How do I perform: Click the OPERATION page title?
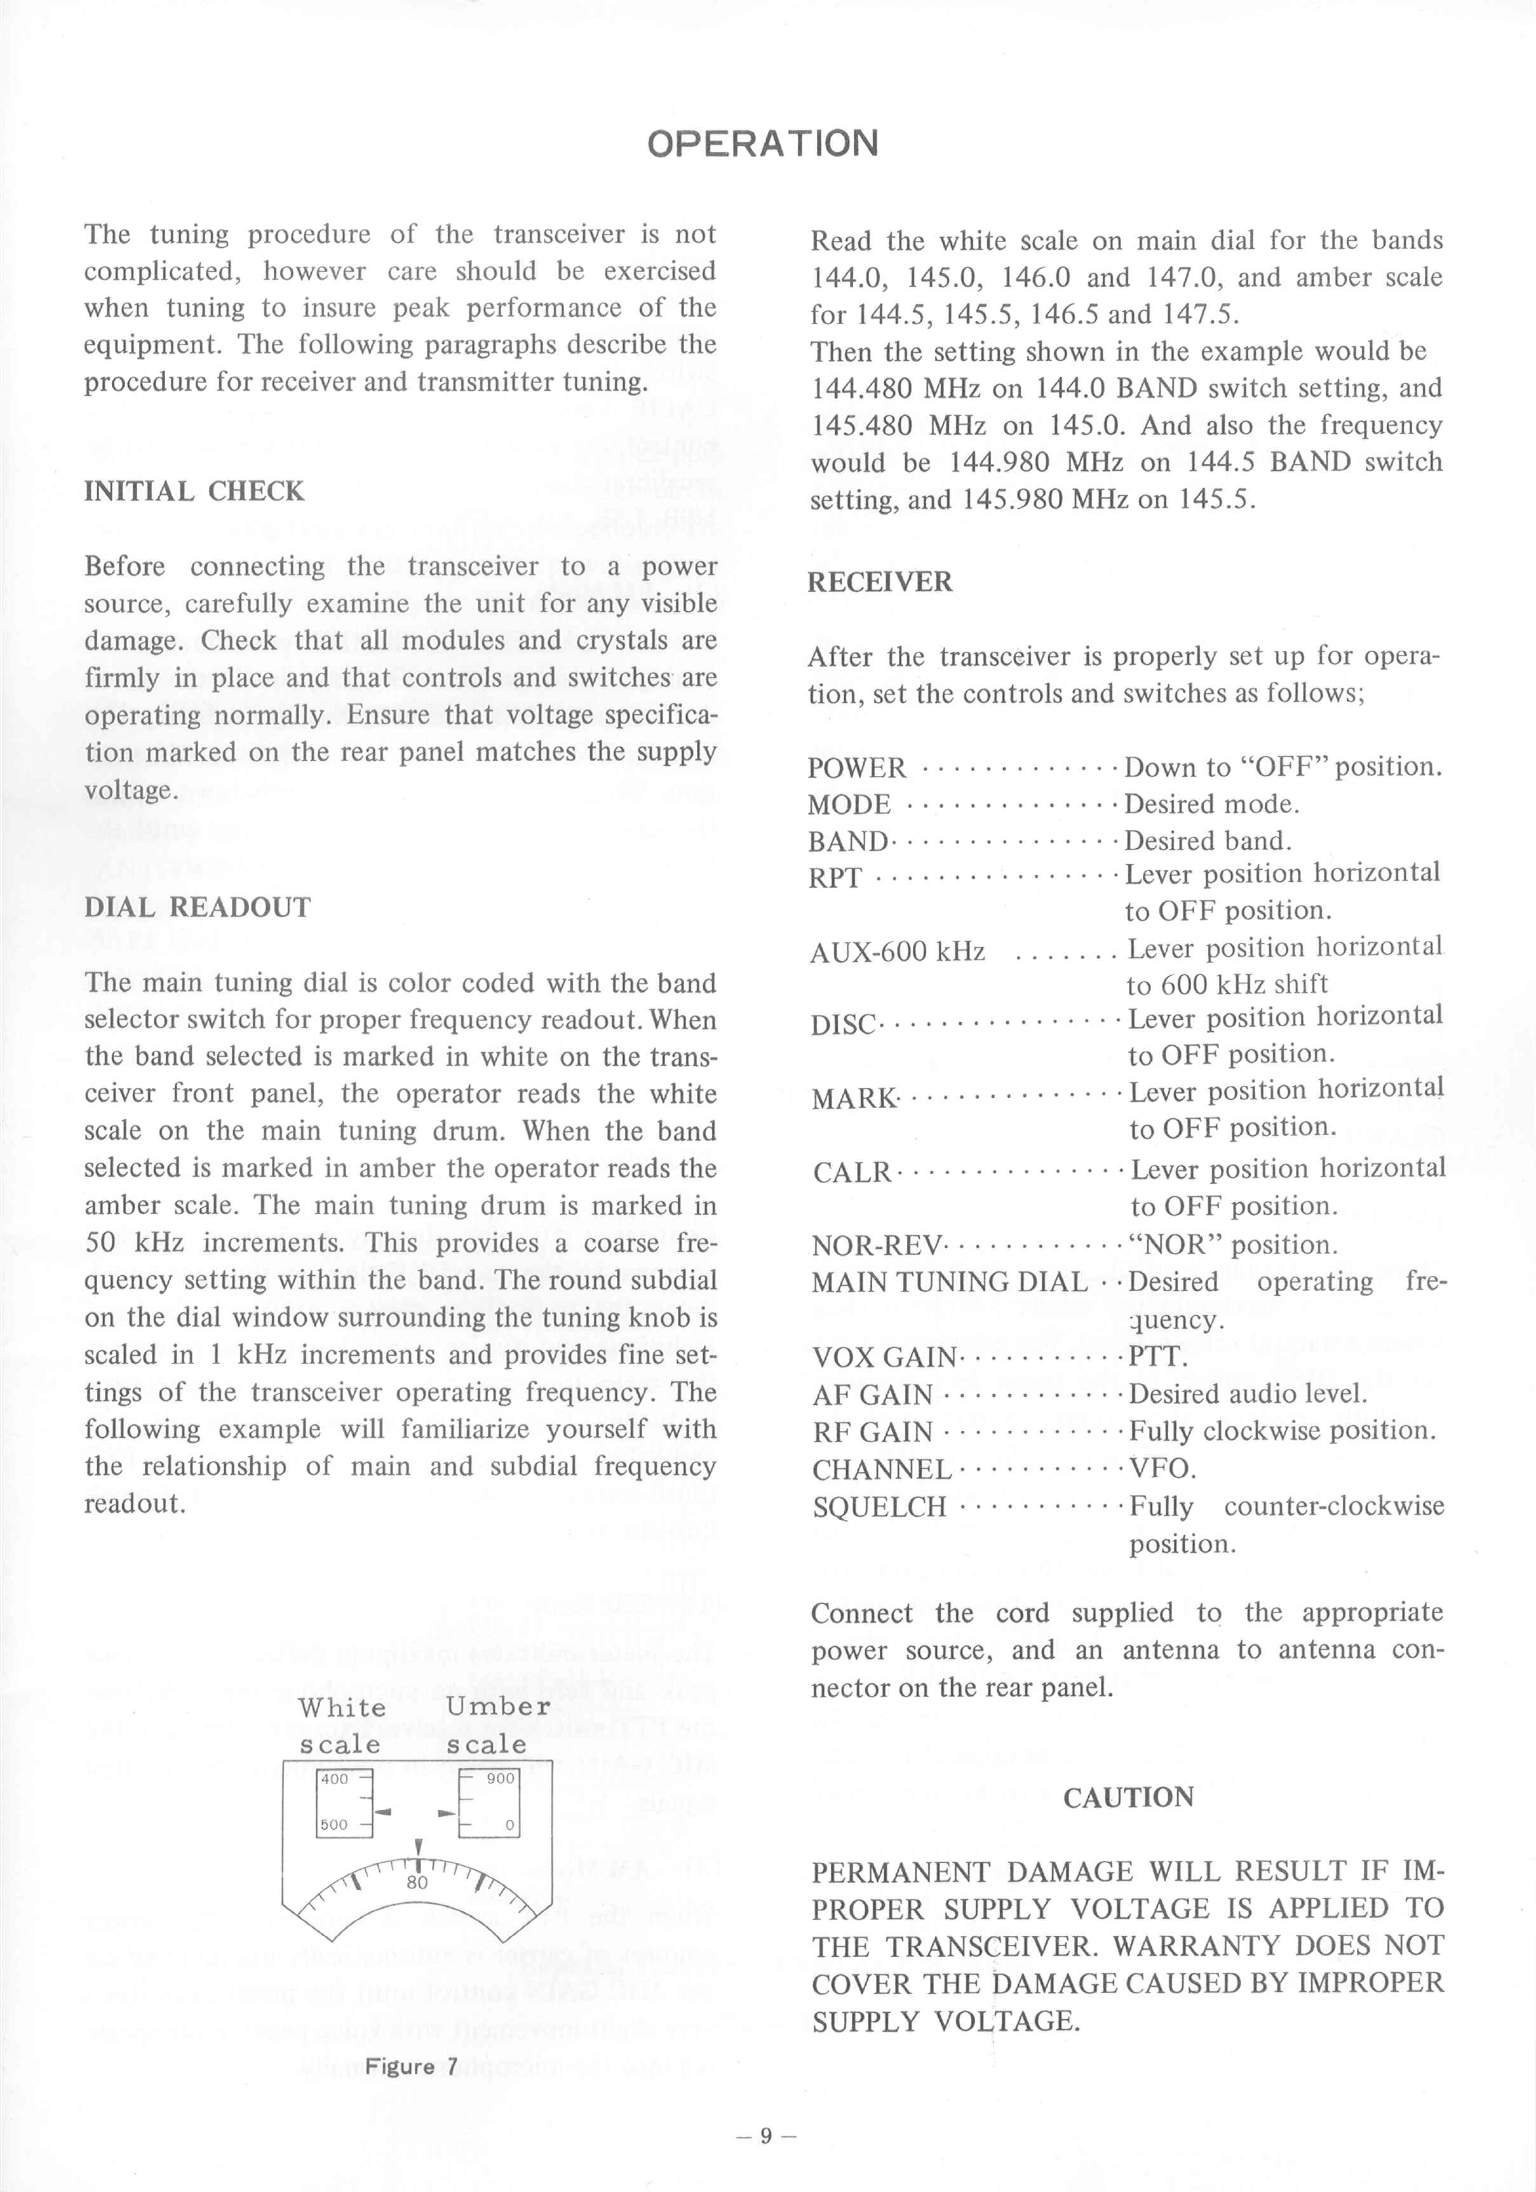coord(763,143)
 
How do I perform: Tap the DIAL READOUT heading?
coord(198,907)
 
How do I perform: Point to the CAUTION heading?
coord(1128,1797)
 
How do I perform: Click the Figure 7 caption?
coord(412,2067)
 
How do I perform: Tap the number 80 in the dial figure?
coord(417,1883)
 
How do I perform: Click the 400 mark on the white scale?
coord(334,1778)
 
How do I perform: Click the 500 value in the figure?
coord(334,1824)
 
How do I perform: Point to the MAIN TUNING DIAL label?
coord(949,1282)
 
